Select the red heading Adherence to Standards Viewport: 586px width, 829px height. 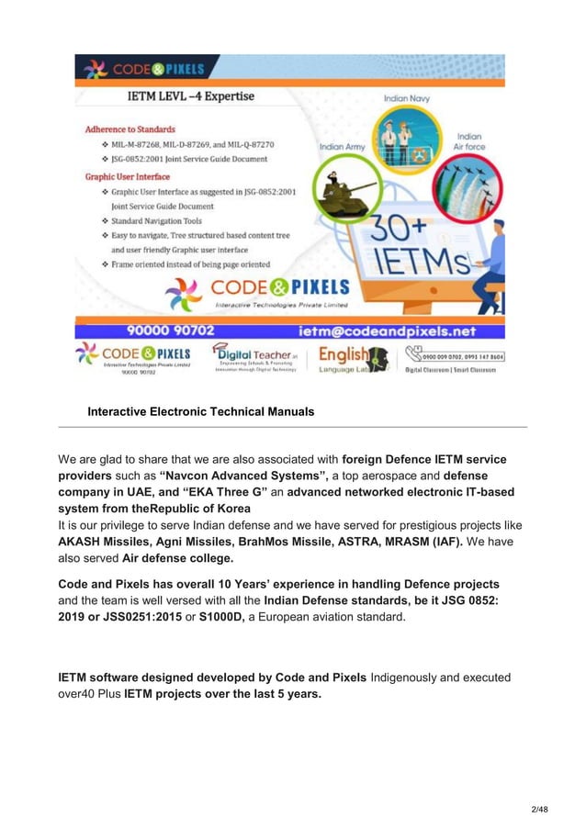pyautogui.click(x=130, y=129)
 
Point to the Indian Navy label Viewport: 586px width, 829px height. pyautogui.click(x=408, y=96)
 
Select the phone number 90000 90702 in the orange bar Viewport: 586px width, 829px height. pyautogui.click(x=170, y=330)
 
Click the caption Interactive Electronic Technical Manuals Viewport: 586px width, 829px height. pyautogui.click(x=200, y=412)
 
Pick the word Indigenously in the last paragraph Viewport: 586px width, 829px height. pyautogui.click(x=410, y=678)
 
